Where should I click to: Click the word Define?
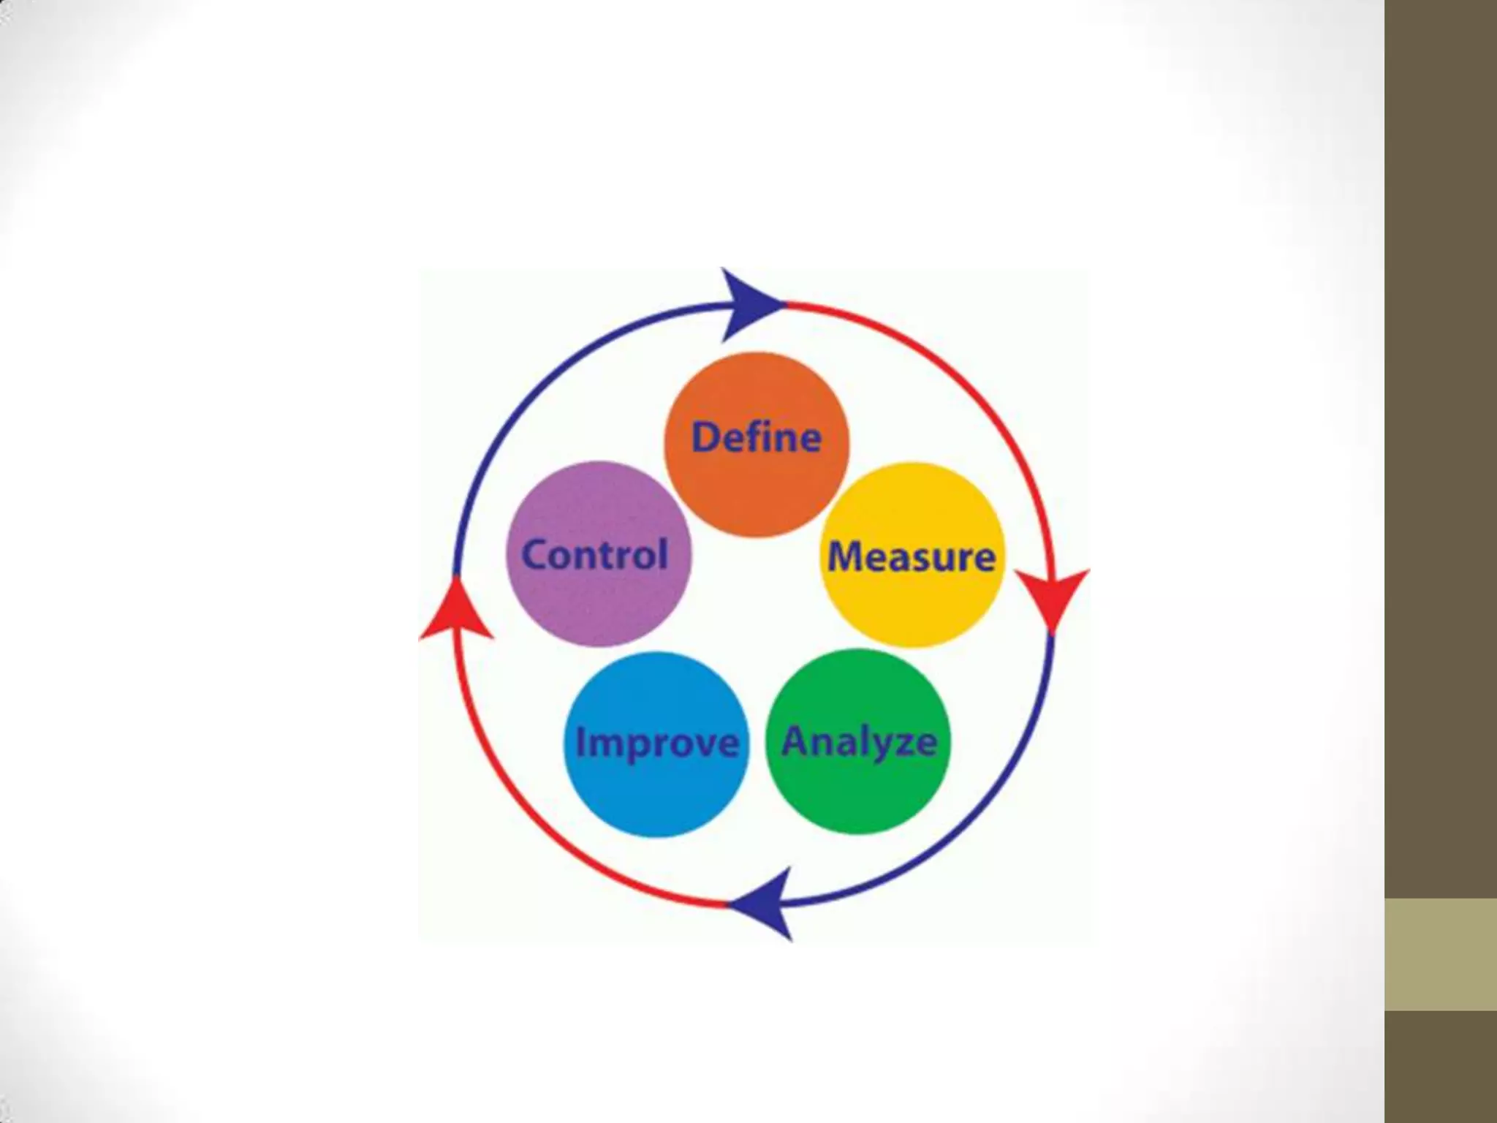[757, 437]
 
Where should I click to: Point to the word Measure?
[912, 557]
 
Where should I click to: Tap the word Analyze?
[859, 742]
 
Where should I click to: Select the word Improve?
[656, 743]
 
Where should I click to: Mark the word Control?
[595, 554]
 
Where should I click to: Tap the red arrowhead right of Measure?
[1053, 596]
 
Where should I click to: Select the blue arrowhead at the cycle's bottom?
[764, 905]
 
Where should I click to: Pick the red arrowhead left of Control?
[457, 610]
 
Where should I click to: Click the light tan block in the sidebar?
[1440, 954]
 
